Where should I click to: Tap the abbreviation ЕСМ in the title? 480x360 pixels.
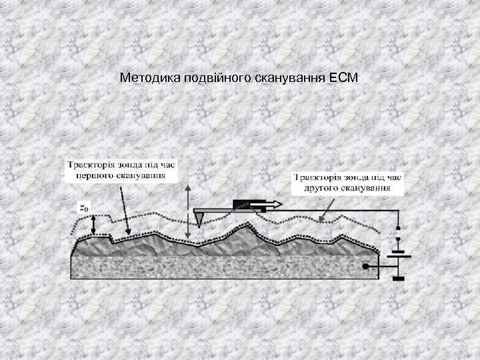(x=343, y=79)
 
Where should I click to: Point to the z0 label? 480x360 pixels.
(x=83, y=207)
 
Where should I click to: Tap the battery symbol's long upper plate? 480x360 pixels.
(x=399, y=254)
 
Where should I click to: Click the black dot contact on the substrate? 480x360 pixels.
(x=365, y=267)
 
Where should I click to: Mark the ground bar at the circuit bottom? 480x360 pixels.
(x=399, y=279)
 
